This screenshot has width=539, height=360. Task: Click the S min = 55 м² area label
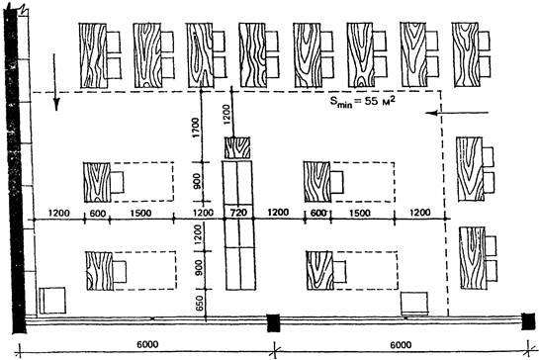point(362,102)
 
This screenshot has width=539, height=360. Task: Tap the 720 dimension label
point(238,213)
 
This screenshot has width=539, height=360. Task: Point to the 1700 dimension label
point(196,128)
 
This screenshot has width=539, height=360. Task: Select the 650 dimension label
point(200,304)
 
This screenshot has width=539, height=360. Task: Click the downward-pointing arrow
point(55,82)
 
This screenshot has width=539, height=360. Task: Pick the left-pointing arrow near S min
point(457,113)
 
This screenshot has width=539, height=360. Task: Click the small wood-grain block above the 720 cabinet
point(237,147)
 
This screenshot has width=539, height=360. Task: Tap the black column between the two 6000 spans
point(274,322)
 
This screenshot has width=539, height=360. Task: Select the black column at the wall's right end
point(528,321)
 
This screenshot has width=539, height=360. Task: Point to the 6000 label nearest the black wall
point(147,344)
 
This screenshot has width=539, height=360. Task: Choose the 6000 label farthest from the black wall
point(401,344)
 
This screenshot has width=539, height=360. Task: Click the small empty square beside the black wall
point(52,301)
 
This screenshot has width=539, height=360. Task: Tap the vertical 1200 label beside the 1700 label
point(225,115)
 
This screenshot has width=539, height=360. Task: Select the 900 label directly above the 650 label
point(199,268)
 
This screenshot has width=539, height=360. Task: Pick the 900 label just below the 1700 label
point(196,181)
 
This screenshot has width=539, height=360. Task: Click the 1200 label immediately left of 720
point(203,213)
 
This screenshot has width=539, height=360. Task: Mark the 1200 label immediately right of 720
point(278,213)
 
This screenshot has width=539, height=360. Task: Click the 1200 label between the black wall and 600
point(58,214)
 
